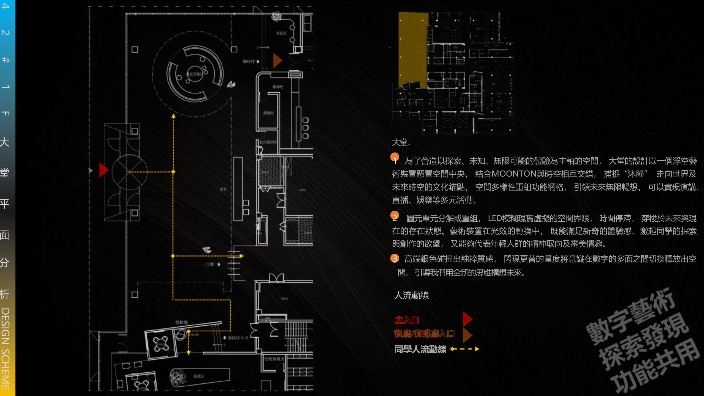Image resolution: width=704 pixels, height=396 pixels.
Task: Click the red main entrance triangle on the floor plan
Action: (103, 170)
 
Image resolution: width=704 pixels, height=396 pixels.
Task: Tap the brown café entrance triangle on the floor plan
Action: (277, 61)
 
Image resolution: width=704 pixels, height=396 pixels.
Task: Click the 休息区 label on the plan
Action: (281, 33)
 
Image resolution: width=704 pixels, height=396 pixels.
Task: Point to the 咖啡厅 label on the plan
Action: (249, 61)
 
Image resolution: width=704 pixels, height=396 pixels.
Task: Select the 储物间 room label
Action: (268, 113)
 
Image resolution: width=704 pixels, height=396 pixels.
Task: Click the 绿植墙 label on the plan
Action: (182, 322)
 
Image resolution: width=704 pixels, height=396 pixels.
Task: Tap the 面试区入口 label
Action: (238, 337)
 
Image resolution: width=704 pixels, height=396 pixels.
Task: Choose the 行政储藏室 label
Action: (274, 359)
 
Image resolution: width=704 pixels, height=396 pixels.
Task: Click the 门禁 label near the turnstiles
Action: (210, 264)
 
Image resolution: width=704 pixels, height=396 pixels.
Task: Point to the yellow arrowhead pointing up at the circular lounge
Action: (173, 116)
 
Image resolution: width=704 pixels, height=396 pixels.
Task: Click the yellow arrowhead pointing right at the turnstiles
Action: (241, 256)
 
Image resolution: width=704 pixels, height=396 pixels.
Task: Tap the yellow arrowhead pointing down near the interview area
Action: (189, 353)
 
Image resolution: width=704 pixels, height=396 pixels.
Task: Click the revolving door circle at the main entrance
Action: (130, 172)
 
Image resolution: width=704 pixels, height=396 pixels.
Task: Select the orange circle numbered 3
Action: (395, 258)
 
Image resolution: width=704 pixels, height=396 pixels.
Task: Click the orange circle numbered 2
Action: (395, 216)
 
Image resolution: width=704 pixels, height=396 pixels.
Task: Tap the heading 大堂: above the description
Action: (401, 142)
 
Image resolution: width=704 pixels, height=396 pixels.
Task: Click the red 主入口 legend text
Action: (407, 320)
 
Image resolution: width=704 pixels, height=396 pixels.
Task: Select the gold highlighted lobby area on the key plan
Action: (413, 50)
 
